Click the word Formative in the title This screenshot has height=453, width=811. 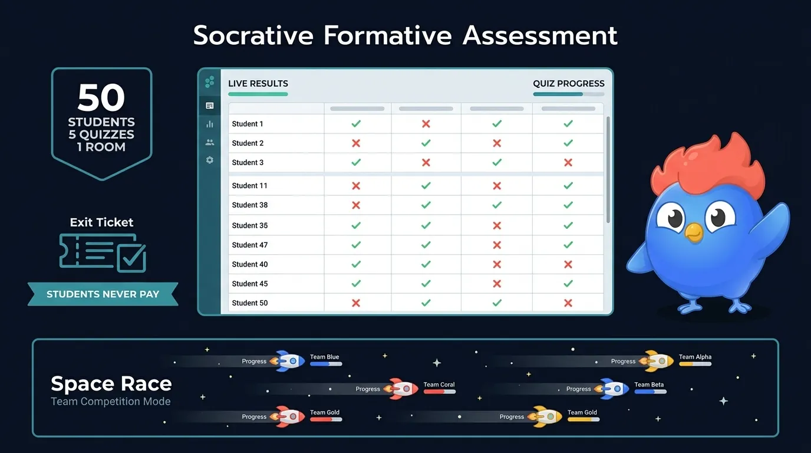pos(387,35)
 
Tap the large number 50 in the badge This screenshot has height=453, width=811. pos(101,98)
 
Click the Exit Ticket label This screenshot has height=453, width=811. pos(101,222)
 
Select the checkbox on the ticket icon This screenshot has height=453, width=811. pos(131,257)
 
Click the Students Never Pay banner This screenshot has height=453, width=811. pos(103,294)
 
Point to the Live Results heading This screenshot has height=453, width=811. pos(258,84)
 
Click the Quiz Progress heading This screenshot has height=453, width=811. pos(569,84)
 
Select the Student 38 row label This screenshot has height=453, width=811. pos(250,205)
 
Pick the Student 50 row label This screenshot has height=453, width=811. pos(250,303)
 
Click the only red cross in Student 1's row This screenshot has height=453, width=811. pos(426,124)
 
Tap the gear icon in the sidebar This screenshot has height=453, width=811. pos(209,160)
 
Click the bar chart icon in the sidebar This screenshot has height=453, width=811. pos(209,124)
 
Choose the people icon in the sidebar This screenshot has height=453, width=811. pos(209,142)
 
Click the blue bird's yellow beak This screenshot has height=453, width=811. pos(694,232)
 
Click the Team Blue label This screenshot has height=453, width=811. pos(325,357)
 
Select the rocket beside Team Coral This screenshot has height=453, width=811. pos(401,389)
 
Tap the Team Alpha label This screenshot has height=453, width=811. pos(695,357)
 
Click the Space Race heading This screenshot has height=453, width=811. pos(111,384)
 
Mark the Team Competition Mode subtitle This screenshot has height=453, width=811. pos(111,402)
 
